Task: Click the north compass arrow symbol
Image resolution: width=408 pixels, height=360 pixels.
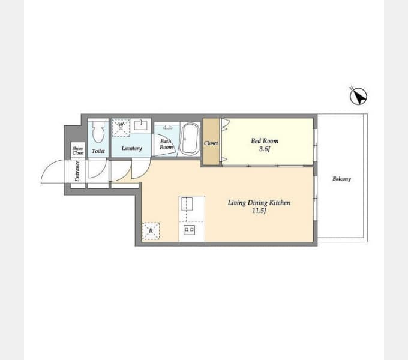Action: [x=358, y=96]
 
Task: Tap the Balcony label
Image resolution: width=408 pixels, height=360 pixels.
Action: [x=341, y=179]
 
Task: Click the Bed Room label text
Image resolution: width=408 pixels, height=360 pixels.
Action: [x=265, y=141]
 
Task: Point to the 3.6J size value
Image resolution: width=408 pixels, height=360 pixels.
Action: [x=265, y=149]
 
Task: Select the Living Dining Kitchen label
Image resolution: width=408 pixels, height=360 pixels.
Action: [x=259, y=203]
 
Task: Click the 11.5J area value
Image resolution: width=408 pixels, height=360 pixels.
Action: [x=259, y=211]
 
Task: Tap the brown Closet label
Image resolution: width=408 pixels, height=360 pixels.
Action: [x=211, y=143]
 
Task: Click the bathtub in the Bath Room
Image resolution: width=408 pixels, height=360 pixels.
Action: [x=190, y=139]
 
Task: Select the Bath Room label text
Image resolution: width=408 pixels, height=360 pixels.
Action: [x=166, y=144]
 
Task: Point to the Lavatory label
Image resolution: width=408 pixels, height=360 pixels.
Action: [x=131, y=148]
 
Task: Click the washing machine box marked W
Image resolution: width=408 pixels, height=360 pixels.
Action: [x=121, y=128]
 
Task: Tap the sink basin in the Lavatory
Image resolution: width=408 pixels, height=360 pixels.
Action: [x=140, y=125]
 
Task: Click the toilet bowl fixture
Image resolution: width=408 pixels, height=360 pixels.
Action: [x=98, y=131]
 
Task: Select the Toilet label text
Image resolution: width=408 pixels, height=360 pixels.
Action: [x=98, y=151]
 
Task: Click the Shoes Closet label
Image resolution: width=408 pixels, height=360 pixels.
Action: [x=78, y=151]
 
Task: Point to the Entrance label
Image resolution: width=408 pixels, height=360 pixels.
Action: [x=77, y=171]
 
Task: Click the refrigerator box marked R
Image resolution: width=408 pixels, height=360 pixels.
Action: [x=151, y=231]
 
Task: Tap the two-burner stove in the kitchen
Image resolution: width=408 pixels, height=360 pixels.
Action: [x=189, y=230]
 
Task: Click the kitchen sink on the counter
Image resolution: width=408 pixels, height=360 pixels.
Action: [x=187, y=203]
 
